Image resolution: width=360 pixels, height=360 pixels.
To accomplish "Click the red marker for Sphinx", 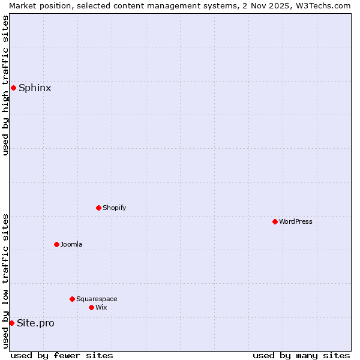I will [13, 88].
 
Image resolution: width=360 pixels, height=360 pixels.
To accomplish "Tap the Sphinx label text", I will [35, 88].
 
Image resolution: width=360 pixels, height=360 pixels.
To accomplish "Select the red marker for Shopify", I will [99, 208].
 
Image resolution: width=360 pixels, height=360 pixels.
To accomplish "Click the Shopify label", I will [114, 208].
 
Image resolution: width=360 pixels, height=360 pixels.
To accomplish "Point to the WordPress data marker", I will [275, 222].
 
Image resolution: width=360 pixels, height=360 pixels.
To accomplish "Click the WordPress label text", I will [296, 222].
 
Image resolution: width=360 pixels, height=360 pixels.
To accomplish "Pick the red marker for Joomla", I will [57, 245].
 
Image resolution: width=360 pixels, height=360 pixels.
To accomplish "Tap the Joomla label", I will [71, 245].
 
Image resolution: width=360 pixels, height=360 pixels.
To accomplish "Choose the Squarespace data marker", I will [73, 299].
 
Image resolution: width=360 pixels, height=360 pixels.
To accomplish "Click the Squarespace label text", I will [97, 299].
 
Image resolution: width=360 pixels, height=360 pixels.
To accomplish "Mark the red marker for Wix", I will [92, 308].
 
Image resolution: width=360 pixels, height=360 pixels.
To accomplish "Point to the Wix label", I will [101, 308].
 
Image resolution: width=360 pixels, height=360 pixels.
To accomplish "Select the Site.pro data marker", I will [11, 323].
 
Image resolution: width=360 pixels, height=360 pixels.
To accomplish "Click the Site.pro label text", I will [35, 323].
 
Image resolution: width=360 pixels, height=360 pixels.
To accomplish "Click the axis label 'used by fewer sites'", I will [62, 355].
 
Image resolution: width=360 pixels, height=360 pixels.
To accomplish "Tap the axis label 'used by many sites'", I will [301, 355].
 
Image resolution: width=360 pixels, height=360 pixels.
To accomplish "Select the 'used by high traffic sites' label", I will [6, 85].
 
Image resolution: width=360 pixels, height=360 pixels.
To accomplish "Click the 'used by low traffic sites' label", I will [6, 281].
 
